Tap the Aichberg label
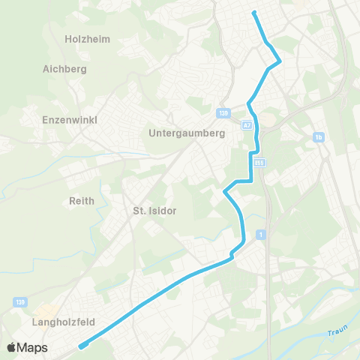click(x=66, y=68)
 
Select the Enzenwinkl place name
click(x=70, y=119)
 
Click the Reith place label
click(x=81, y=200)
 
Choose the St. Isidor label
click(x=154, y=211)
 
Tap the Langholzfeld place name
click(x=62, y=322)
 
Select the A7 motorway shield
click(x=247, y=125)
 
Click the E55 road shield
click(x=259, y=161)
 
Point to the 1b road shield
click(x=319, y=137)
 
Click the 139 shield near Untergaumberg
click(x=223, y=112)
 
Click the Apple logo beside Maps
click(x=11, y=348)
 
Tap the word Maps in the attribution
click(x=33, y=348)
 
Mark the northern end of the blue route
click(x=254, y=12)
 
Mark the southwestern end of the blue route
click(x=80, y=346)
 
